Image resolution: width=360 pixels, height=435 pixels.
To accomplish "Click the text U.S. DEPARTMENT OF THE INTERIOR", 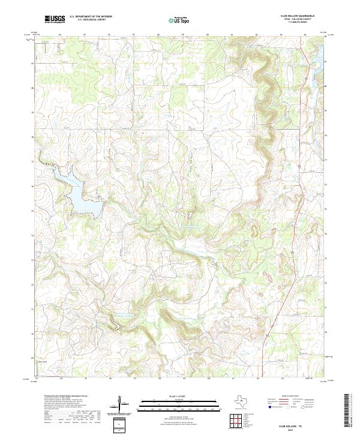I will click(x=91, y=17).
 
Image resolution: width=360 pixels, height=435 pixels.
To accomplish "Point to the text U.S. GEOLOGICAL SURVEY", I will click(x=91, y=20).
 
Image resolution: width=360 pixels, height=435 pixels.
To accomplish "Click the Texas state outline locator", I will click(x=245, y=402).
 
